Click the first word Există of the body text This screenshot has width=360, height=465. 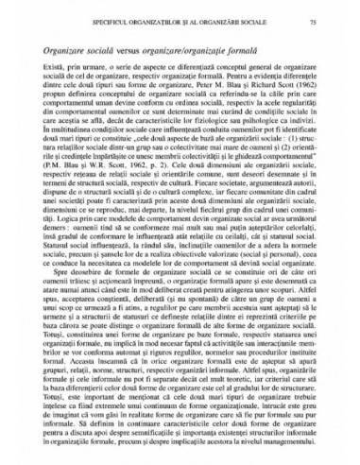51,69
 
